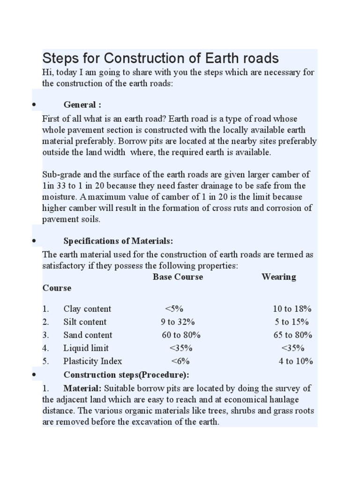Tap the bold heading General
[82, 105]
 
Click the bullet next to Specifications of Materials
[35, 241]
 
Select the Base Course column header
[178, 277]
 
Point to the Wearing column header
[278, 277]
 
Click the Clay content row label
[87, 309]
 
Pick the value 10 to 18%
[292, 309]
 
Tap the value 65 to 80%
[292, 335]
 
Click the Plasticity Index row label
[92, 361]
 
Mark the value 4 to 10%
[296, 361]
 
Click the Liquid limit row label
[86, 348]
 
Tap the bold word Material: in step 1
[82, 389]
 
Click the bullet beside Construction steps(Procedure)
[35, 375]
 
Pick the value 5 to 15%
[292, 322]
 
